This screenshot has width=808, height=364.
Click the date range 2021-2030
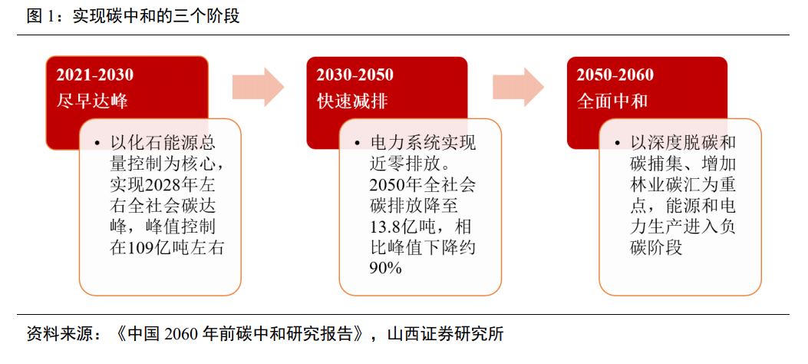95,75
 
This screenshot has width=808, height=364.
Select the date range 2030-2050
355,75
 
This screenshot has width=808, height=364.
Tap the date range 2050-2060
615,75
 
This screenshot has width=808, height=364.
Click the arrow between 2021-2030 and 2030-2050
258,87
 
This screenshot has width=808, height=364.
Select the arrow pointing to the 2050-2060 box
519,87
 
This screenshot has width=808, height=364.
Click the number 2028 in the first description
154,185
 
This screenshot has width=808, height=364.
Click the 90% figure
386,268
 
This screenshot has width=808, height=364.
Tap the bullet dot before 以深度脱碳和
618,143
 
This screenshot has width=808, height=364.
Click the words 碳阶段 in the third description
655,247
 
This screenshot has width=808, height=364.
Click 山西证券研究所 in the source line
445,335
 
